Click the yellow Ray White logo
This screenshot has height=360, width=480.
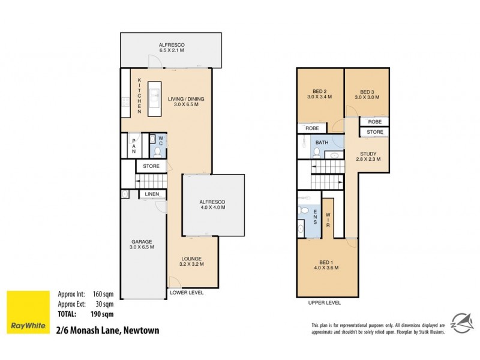(x=28, y=313)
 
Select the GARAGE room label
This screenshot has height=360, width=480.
(x=142, y=244)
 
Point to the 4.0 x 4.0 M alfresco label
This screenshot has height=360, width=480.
(x=212, y=206)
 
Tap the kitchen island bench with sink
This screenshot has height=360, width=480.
(x=154, y=99)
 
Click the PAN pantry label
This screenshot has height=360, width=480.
(x=134, y=146)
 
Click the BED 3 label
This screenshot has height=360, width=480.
(x=367, y=93)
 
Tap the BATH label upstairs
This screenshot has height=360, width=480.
(x=322, y=142)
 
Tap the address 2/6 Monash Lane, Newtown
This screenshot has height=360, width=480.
(x=108, y=328)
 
